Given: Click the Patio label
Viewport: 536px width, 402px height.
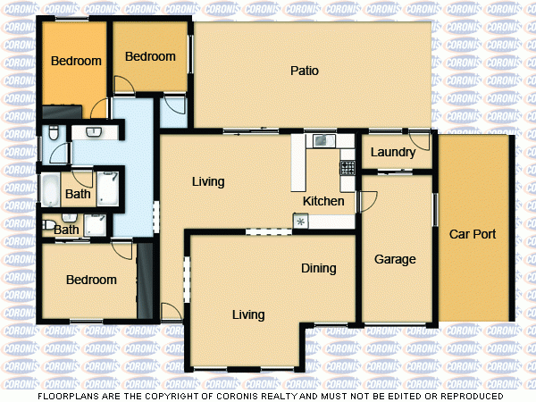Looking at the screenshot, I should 305,71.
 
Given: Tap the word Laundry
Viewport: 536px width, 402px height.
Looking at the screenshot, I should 392,153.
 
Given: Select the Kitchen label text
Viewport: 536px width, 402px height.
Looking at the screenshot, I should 323,201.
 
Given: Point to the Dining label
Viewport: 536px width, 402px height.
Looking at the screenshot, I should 318,268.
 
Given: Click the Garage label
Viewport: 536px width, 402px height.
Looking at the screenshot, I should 395,260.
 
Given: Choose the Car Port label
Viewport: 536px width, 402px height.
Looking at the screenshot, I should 473,235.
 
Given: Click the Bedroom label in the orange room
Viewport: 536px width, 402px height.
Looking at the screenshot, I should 75,62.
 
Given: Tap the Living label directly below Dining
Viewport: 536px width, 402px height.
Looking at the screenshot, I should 248,314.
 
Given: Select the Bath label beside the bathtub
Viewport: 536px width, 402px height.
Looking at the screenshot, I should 79,194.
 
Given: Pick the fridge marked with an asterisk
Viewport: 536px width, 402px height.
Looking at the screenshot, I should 301,221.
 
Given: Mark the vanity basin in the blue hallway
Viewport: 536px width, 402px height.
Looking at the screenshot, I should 92,132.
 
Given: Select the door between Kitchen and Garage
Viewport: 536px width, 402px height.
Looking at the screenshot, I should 359,201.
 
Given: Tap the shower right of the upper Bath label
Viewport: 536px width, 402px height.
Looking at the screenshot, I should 109,188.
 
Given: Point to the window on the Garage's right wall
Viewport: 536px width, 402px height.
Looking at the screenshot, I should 435,214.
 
